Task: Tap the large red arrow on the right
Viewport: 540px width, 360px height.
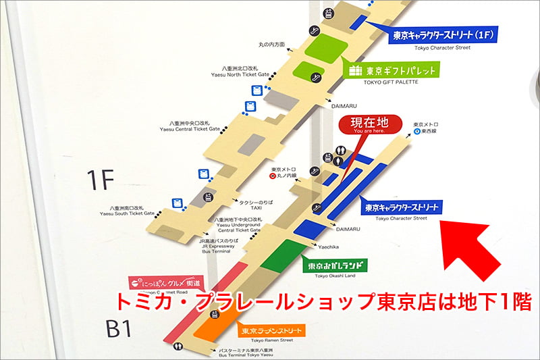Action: tap(477, 247)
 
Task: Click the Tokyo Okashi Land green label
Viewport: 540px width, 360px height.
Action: tap(337, 266)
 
